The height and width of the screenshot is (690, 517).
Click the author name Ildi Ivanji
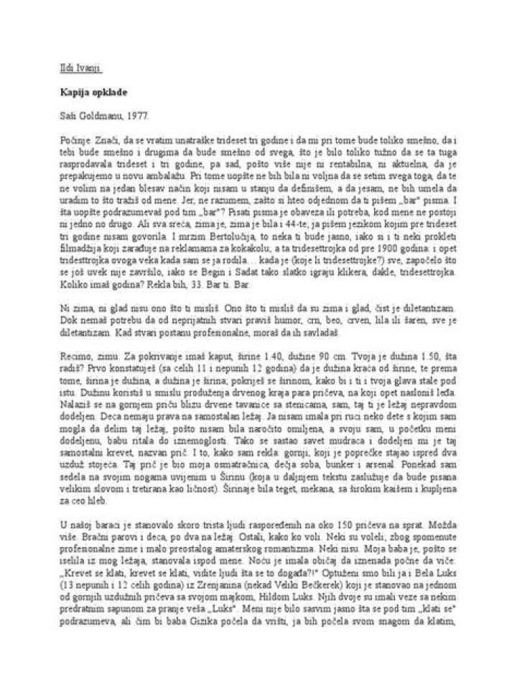80,69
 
